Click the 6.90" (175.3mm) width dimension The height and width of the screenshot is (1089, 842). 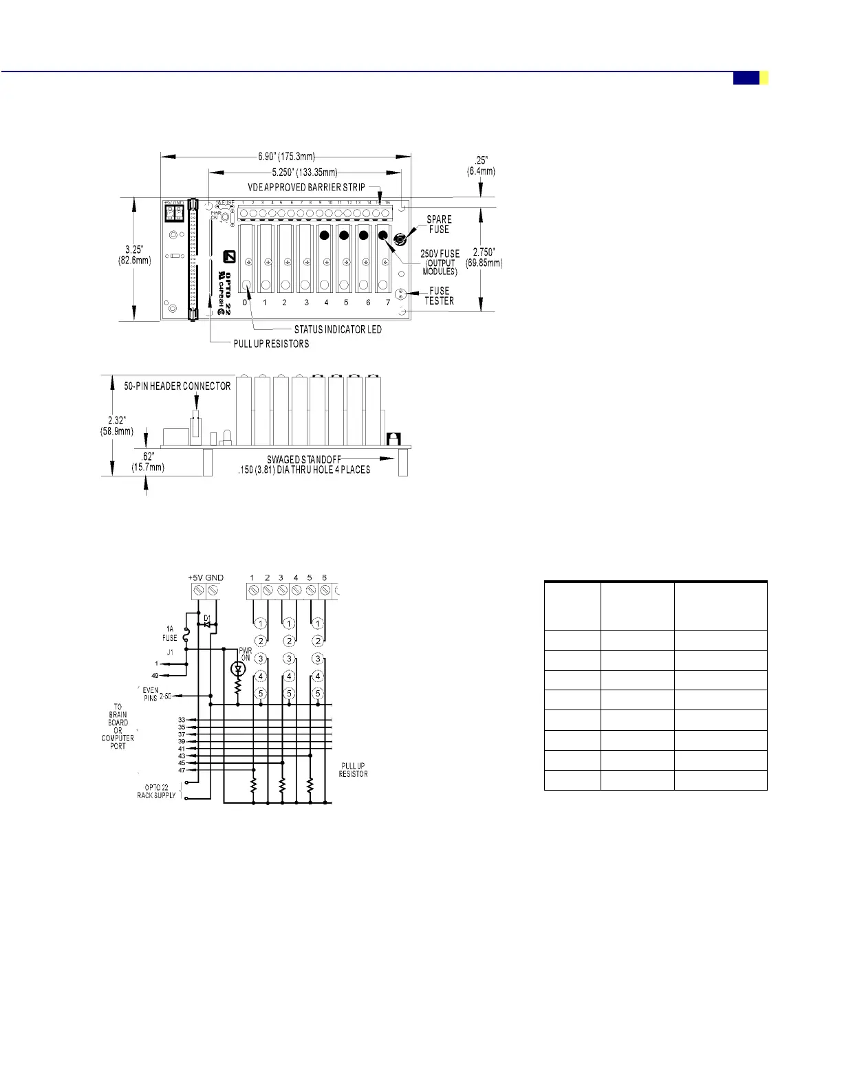[x=286, y=157]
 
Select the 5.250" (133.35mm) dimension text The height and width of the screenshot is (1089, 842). [x=304, y=172]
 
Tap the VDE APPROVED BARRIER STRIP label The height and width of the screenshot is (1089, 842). [x=306, y=187]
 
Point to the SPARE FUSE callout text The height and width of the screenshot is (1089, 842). [x=439, y=225]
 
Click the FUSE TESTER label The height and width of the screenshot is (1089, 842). [x=439, y=296]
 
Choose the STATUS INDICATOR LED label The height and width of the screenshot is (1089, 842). [x=338, y=329]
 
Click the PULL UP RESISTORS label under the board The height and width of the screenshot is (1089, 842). [x=271, y=344]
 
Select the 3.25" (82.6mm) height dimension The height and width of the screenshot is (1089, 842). [x=134, y=255]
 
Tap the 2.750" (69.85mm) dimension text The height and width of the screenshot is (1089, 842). [x=484, y=258]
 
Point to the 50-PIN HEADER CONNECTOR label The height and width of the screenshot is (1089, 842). [x=177, y=386]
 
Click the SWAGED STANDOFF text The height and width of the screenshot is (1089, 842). [x=304, y=460]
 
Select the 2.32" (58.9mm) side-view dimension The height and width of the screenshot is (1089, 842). [x=117, y=426]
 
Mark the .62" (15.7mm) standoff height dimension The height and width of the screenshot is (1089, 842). [x=147, y=463]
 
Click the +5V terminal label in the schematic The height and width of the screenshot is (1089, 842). [x=195, y=577]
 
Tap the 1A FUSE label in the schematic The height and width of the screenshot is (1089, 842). [x=170, y=633]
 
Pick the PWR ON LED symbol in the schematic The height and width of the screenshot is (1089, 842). [x=238, y=669]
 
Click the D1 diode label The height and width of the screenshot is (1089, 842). [x=207, y=619]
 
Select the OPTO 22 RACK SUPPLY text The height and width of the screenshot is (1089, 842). [x=156, y=791]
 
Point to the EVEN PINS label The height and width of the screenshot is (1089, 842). [x=151, y=694]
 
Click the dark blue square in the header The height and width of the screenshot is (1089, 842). [x=746, y=78]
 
